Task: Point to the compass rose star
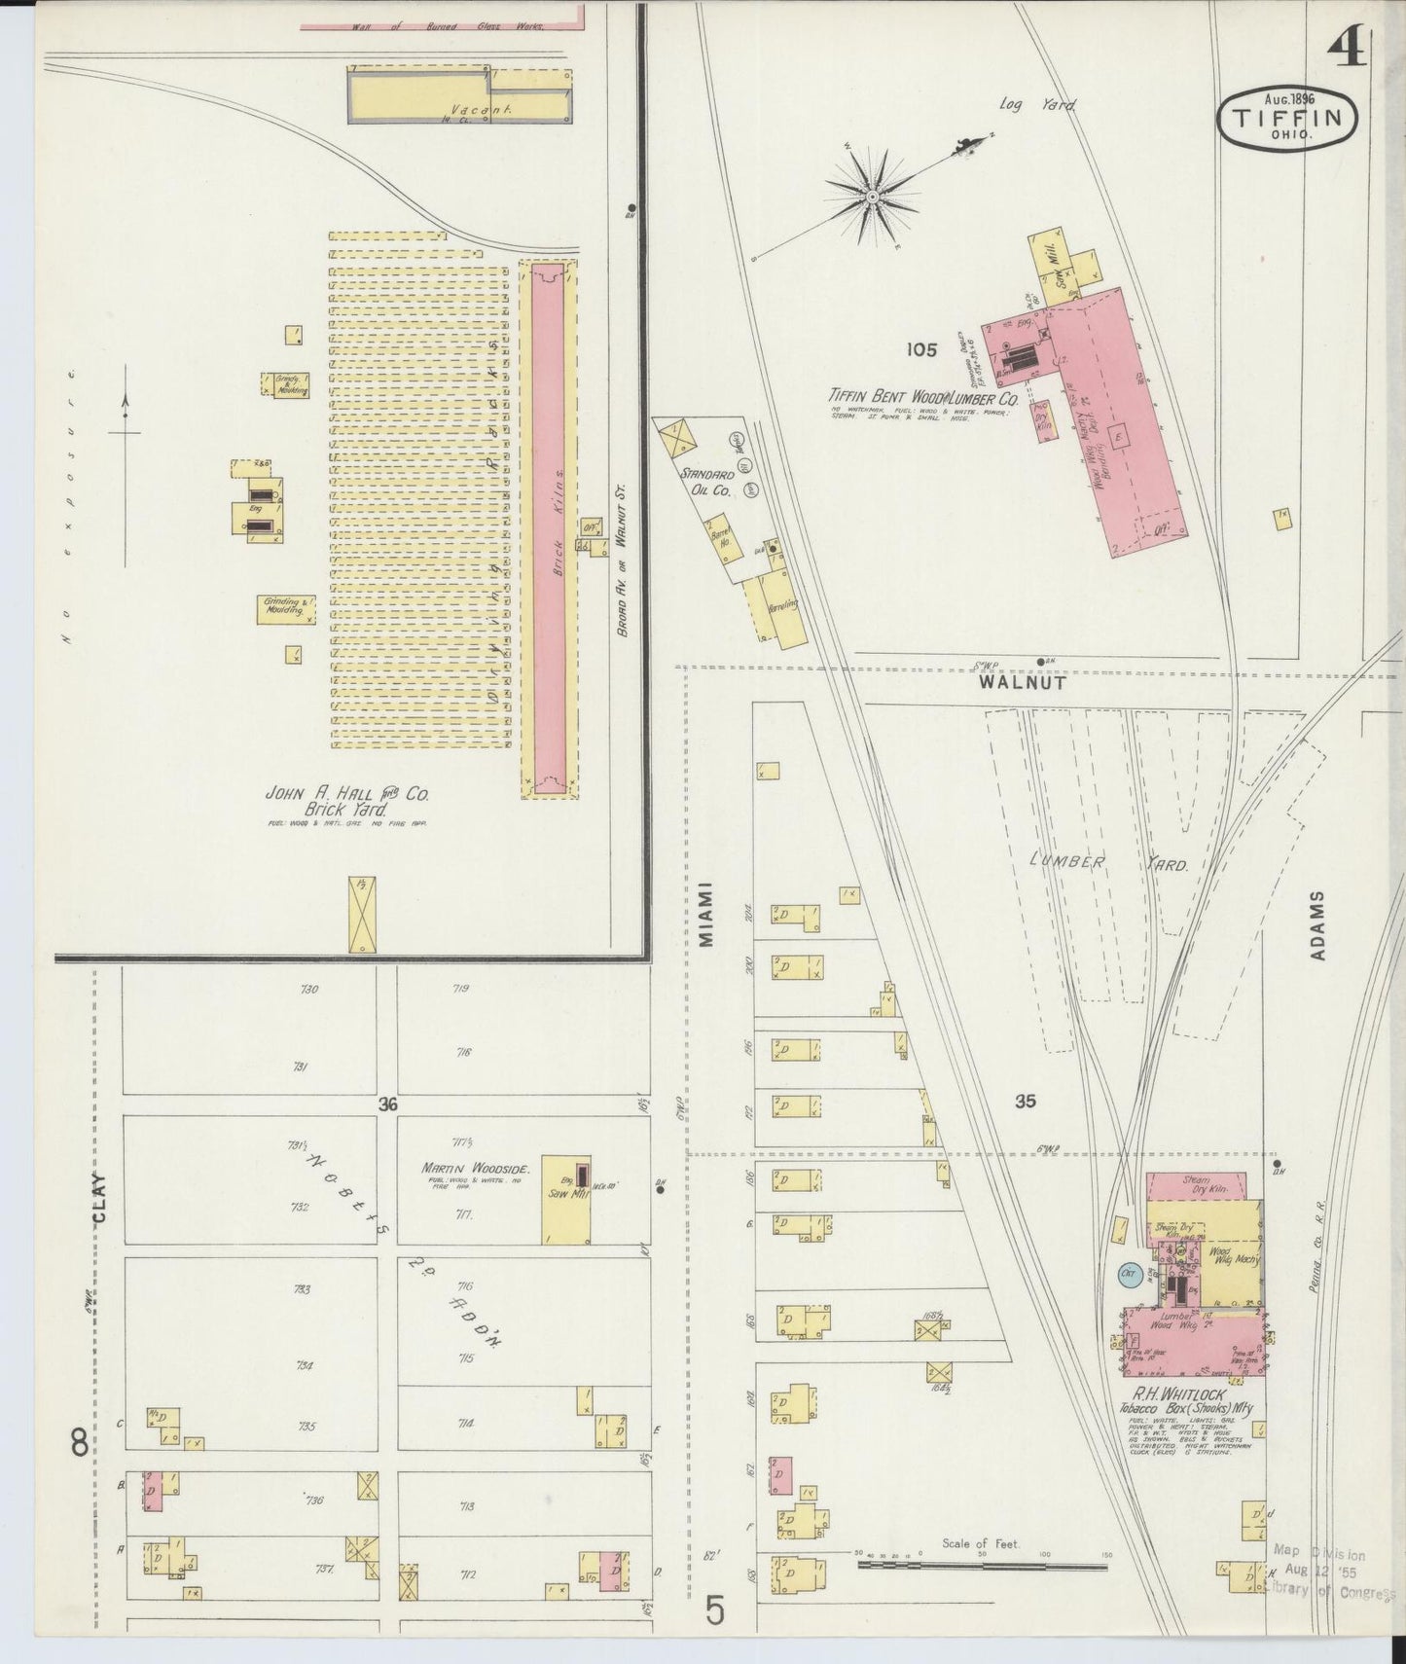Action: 873,197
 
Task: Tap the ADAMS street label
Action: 1317,925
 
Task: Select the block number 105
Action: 919,349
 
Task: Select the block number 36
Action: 389,1104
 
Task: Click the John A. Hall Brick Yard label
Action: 347,801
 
